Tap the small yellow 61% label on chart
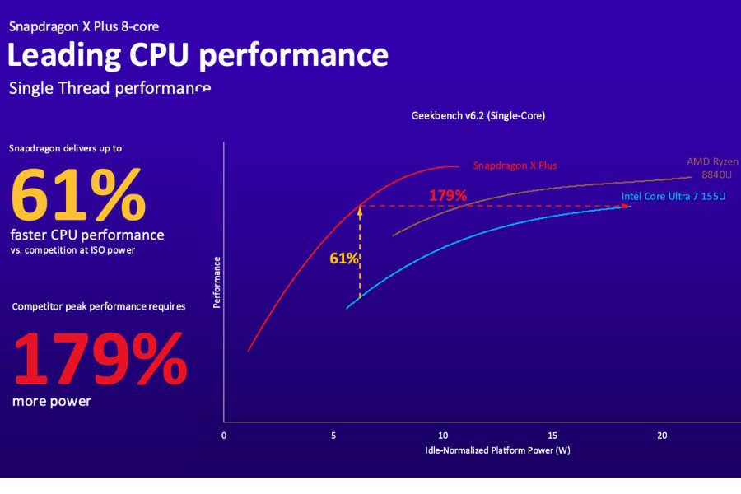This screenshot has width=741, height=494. click(x=343, y=259)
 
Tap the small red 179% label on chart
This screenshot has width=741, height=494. click(x=448, y=196)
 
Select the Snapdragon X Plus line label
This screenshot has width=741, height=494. click(x=515, y=165)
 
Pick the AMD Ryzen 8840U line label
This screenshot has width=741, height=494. click(x=712, y=168)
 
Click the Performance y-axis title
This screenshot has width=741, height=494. click(x=217, y=282)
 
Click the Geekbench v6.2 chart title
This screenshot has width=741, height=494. click(x=478, y=116)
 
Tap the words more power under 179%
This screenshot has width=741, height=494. click(x=52, y=402)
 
